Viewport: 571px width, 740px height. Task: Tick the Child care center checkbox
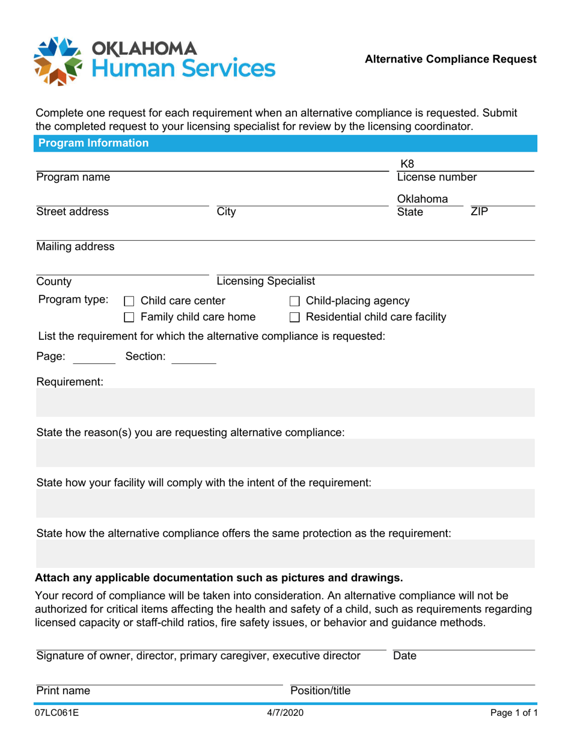[129, 301]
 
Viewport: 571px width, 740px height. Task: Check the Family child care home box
[129, 317]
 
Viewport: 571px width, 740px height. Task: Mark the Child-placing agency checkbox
[295, 301]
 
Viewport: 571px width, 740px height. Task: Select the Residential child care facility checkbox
[295, 317]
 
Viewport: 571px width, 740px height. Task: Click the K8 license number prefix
[407, 164]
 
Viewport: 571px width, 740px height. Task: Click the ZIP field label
[479, 212]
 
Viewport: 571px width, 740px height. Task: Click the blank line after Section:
[194, 357]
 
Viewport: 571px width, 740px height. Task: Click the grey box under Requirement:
[285, 402]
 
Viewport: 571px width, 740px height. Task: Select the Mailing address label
[75, 247]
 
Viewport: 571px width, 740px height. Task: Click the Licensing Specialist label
[265, 281]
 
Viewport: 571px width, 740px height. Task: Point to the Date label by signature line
[404, 656]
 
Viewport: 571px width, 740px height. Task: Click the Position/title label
[320, 691]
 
